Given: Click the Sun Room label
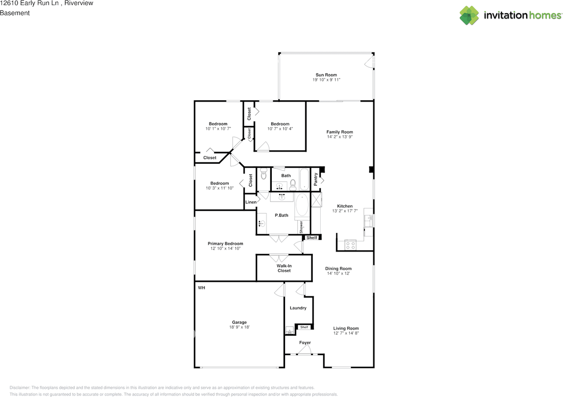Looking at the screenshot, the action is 326,75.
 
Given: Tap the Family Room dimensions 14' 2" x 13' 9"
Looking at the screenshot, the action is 340,137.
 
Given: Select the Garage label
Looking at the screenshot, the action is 239,322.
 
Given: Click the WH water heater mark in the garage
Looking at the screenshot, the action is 201,288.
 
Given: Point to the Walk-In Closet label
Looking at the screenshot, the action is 284,268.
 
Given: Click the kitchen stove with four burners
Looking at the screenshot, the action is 351,245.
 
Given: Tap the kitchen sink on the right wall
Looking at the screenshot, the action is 369,221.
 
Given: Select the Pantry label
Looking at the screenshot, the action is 316,180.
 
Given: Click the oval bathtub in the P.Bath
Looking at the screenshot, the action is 302,205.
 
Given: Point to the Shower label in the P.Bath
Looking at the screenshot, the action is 301,227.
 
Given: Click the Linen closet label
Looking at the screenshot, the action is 251,202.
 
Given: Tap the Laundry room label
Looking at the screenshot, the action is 298,308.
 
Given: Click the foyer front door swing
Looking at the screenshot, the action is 305,350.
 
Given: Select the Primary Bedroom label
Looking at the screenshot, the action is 226,243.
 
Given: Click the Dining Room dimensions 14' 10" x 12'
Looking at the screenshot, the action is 338,273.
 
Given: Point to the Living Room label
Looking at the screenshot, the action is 346,328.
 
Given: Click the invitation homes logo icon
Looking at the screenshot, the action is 469,15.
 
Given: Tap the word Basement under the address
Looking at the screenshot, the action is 15,13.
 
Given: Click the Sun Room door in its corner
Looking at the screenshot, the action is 369,62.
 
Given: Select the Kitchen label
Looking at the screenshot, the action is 345,206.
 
